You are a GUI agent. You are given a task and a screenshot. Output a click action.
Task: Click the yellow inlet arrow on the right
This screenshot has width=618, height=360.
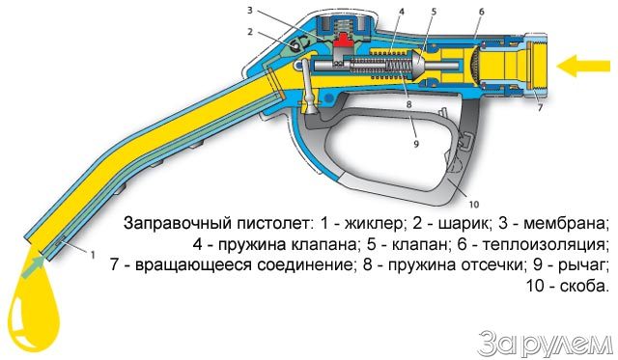(582, 66)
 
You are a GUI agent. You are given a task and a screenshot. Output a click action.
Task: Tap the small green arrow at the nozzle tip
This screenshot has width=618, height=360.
(33, 267)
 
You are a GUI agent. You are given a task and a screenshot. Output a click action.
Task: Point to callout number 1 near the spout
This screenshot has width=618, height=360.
(93, 255)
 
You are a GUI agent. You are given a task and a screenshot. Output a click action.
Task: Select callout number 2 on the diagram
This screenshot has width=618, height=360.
(250, 32)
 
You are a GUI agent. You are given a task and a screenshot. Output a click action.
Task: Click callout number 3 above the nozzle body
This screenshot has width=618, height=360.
(250, 10)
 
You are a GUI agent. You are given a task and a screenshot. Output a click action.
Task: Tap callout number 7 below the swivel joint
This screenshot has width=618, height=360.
(541, 107)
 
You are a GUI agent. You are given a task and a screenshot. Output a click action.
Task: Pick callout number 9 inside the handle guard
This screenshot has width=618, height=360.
(416, 144)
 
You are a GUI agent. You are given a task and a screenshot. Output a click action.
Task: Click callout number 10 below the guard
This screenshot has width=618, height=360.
(473, 205)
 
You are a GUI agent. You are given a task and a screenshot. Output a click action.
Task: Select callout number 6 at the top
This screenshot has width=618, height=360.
(482, 12)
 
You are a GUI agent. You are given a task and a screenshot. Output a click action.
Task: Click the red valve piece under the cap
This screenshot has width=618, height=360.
(341, 42)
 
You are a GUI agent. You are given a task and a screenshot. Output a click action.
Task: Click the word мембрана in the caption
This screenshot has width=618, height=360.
(564, 224)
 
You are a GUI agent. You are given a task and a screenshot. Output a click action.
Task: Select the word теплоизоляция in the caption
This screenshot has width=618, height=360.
(544, 245)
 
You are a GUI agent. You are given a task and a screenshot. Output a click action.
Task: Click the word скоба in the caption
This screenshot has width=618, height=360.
(582, 286)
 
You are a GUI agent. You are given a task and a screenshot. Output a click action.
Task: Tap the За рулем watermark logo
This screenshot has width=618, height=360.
(545, 343)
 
